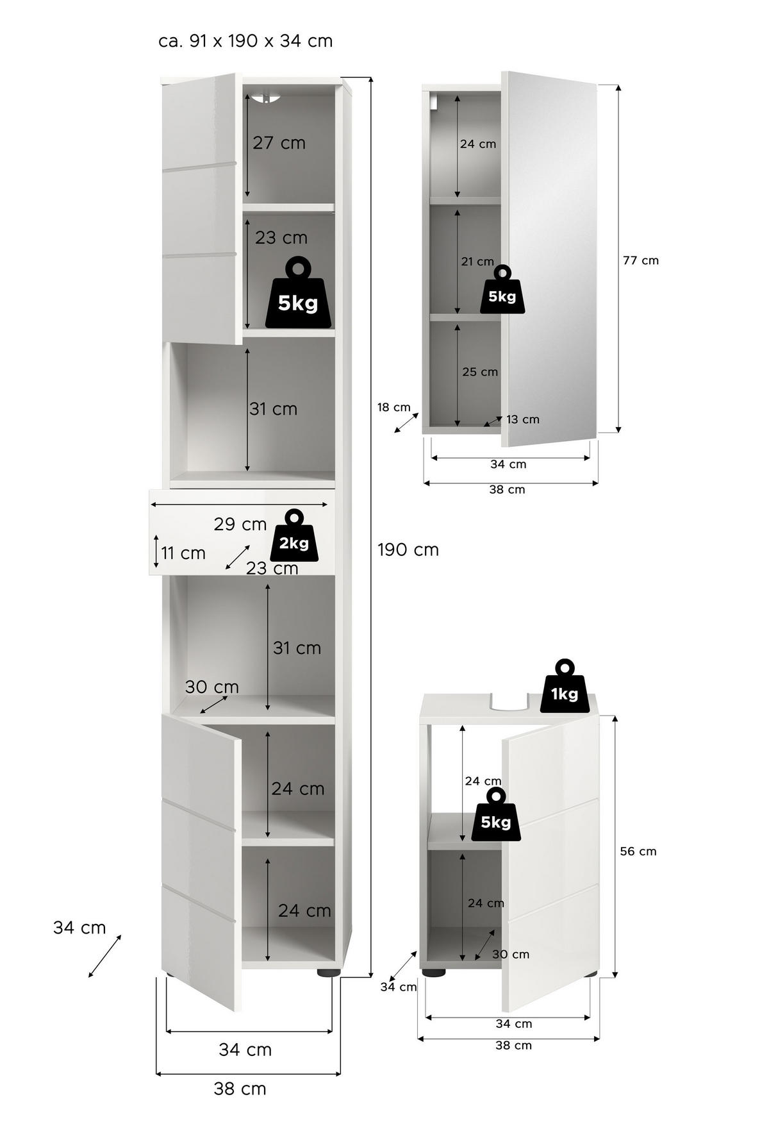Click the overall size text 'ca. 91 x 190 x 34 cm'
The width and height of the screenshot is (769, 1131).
click(245, 41)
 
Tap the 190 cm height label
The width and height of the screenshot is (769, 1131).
click(408, 549)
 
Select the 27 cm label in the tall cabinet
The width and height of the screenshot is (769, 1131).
click(279, 142)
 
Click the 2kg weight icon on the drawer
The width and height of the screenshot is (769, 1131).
click(294, 537)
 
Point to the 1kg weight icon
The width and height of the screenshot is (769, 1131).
click(564, 686)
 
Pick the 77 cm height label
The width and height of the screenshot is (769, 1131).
click(641, 260)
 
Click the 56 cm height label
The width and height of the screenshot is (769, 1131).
click(638, 851)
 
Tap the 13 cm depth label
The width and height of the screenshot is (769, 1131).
click(523, 419)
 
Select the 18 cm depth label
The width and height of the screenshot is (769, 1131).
click(393, 407)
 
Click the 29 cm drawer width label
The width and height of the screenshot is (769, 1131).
click(240, 524)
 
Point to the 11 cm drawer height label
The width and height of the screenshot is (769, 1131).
click(183, 553)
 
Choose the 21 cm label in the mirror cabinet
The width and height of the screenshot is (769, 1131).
click(477, 262)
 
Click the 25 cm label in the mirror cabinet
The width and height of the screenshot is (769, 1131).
click(480, 372)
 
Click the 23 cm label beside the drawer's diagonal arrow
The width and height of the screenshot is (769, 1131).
click(272, 568)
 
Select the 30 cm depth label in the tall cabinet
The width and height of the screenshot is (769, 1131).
click(212, 687)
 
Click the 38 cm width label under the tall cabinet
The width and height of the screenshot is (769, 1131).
click(240, 1089)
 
